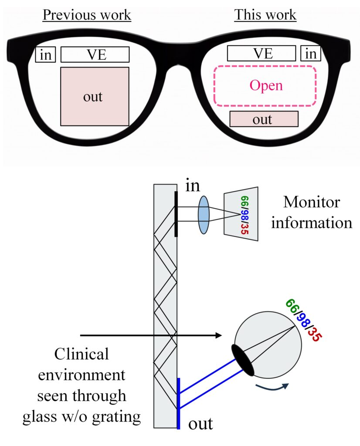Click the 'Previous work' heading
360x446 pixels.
point(87,15)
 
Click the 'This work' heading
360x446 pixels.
point(265,15)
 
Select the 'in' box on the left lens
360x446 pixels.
point(45,54)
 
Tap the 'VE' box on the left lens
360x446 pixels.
point(95,54)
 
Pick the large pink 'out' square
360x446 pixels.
point(95,96)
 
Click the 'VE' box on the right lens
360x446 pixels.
point(262,53)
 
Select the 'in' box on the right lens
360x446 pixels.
point(311,53)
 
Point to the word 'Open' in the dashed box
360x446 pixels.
point(266,85)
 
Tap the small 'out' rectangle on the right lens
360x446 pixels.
point(264,119)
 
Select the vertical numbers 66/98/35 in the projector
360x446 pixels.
point(245,215)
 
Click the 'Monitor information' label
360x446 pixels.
point(312,212)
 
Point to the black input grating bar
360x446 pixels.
point(176,214)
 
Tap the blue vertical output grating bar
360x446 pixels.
point(178,403)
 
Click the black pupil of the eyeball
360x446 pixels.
point(243,360)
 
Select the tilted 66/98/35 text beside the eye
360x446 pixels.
point(304,320)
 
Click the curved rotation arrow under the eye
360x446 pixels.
point(272,387)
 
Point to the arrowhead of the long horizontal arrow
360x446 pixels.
point(218,335)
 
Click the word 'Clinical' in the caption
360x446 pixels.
point(82,354)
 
